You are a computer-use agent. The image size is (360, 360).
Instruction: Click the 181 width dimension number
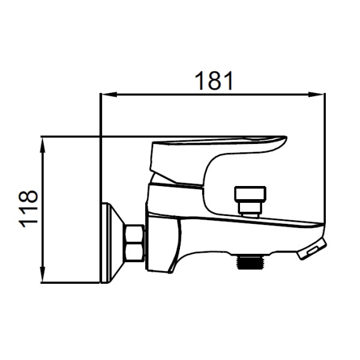point(214,80)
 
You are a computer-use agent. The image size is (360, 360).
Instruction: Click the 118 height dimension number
point(28,209)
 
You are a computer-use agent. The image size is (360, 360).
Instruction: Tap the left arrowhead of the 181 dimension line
point(109,94)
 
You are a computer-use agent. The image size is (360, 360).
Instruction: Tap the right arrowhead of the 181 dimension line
point(316,94)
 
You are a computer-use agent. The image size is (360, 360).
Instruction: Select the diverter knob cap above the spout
point(250,194)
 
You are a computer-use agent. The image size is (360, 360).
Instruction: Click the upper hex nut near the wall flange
point(135,233)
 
